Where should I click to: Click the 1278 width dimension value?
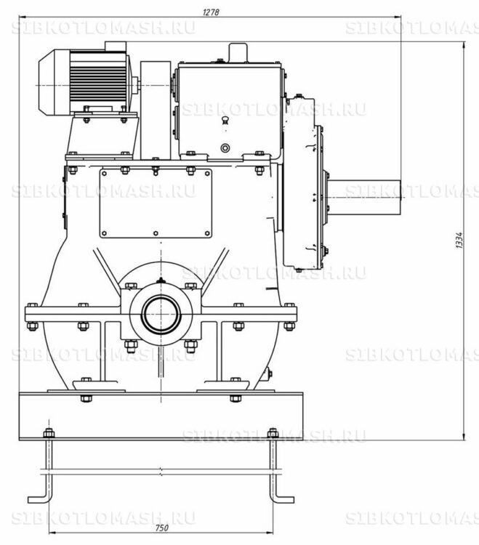point(211,12)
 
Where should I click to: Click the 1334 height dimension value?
point(459,240)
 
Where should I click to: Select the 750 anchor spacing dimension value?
point(161,528)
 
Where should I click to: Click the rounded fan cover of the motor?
point(54,82)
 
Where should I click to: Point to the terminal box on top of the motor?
point(116,46)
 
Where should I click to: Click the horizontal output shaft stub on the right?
point(365,197)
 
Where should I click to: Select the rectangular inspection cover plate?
point(156,203)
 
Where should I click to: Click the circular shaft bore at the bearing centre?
point(161,313)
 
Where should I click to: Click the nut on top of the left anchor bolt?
point(48,433)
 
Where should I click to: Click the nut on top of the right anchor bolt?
point(273,433)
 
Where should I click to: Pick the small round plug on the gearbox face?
point(225,148)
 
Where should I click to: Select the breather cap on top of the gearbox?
point(238,52)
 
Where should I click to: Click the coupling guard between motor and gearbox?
point(156,110)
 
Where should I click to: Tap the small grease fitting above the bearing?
point(160,280)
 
